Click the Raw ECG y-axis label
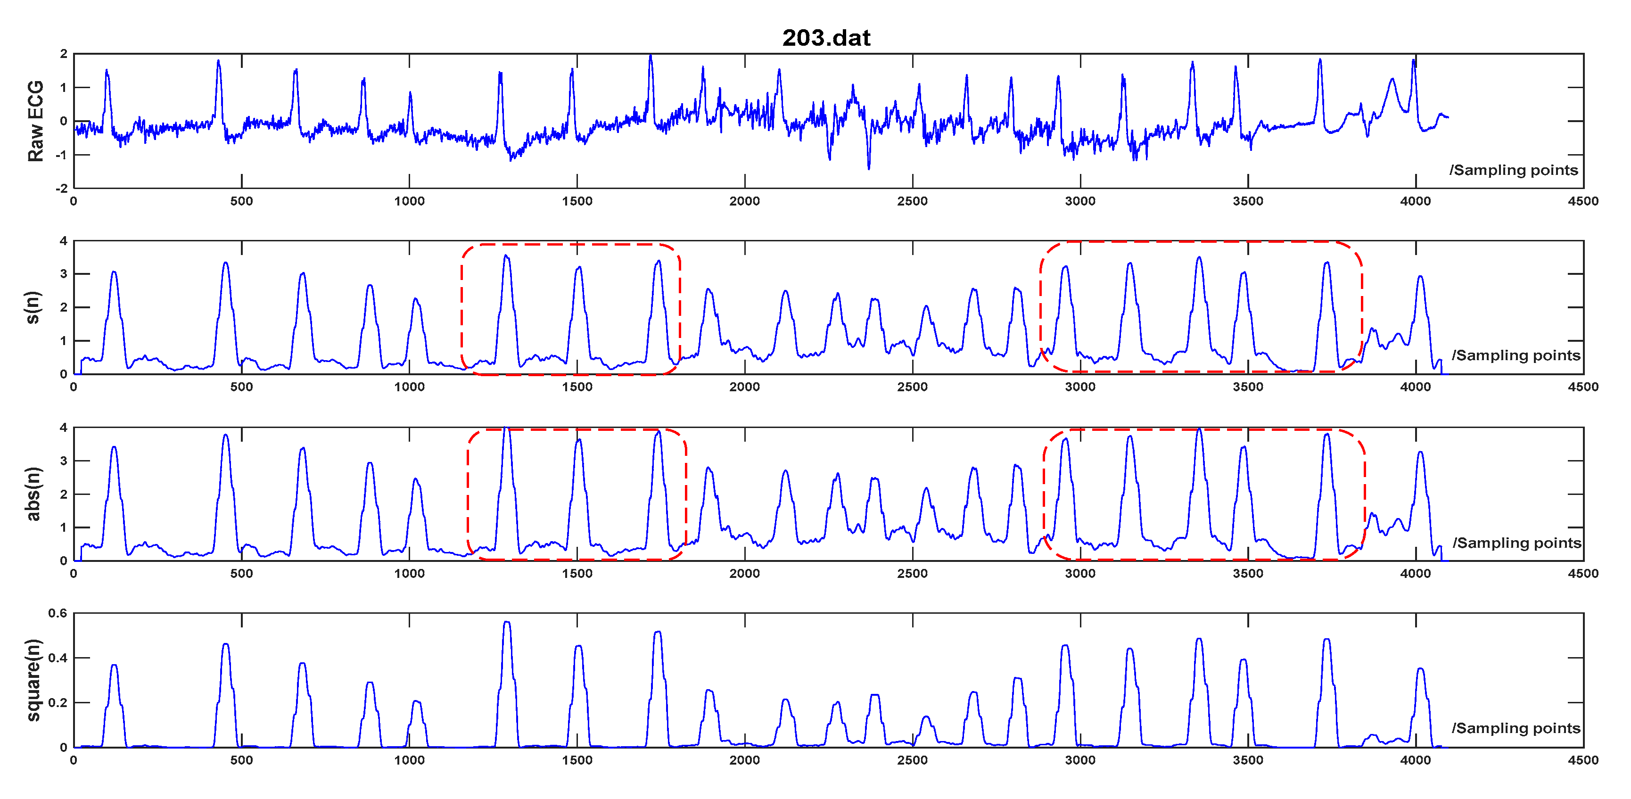pos(35,121)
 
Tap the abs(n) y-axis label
pos(33,494)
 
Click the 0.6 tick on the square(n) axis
pos(58,613)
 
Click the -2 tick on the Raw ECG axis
pos(61,189)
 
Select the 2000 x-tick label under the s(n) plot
pos(745,387)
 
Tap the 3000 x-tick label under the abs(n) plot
pos(1080,574)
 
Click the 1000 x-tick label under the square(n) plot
pos(409,760)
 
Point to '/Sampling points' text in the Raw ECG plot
pos(1513,170)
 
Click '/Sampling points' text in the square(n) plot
pos(1516,728)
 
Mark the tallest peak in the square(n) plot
pos(507,622)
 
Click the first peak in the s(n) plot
pos(114,272)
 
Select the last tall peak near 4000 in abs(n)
pos(1421,452)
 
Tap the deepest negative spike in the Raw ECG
pos(869,168)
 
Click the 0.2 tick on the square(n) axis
pos(58,703)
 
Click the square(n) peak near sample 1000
pos(416,701)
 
